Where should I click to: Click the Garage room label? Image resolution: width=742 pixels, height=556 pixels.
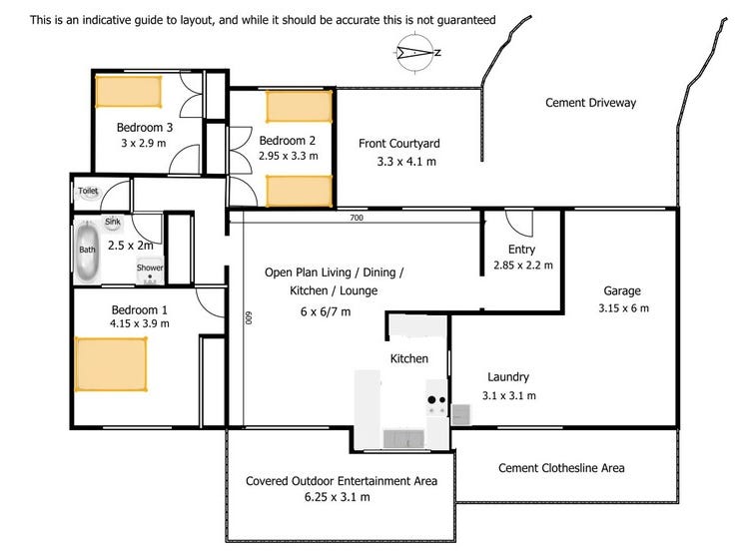click(x=621, y=291)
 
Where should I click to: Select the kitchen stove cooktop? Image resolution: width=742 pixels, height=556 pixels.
click(x=436, y=402)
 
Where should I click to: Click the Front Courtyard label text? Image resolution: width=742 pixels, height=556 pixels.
click(x=399, y=144)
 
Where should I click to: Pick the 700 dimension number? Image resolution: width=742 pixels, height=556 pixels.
click(x=357, y=218)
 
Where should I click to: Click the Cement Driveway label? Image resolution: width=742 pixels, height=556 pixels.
click(x=590, y=103)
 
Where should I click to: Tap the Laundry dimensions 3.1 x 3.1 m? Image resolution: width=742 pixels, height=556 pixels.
click(x=508, y=395)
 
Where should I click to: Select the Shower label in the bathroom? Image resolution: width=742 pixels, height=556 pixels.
click(x=150, y=268)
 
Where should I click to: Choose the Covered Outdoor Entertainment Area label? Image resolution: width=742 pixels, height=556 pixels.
click(x=342, y=481)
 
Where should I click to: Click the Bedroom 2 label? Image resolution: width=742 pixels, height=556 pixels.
click(x=287, y=140)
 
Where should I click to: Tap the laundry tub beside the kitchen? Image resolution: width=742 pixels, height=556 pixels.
click(x=461, y=414)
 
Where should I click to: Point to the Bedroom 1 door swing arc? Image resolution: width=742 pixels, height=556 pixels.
click(x=211, y=303)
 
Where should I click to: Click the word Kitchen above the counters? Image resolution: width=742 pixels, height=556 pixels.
click(x=409, y=358)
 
